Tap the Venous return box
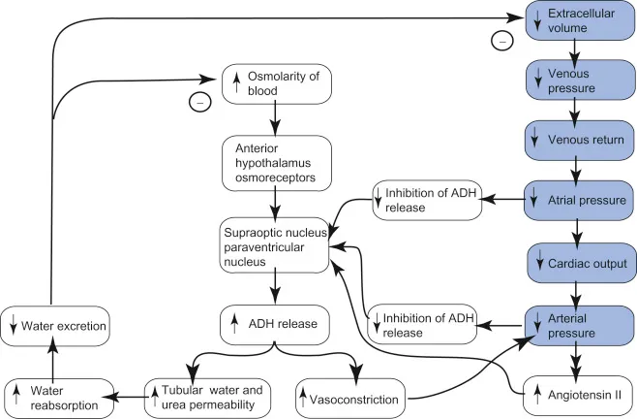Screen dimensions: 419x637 pyautogui.click(x=578, y=140)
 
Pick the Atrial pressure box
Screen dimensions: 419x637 pyautogui.click(x=578, y=201)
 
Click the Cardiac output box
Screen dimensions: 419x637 pyautogui.click(x=578, y=262)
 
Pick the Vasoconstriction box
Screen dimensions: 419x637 pyautogui.click(x=352, y=397)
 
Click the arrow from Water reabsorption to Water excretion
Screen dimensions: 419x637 pyautogui.click(x=49, y=361)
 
